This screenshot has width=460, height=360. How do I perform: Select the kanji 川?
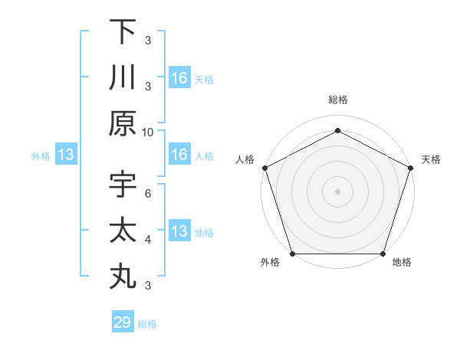click(x=123, y=77)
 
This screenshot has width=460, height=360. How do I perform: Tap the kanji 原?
click(x=123, y=123)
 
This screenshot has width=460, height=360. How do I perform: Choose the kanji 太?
click(x=123, y=231)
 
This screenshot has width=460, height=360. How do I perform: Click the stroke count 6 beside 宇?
click(x=148, y=193)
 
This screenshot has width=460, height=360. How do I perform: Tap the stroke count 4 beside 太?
click(x=148, y=239)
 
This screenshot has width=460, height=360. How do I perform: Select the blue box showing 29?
click(x=123, y=322)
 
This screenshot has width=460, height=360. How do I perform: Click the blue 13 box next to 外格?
click(x=66, y=155)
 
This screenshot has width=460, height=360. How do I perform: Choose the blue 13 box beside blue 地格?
click(x=179, y=232)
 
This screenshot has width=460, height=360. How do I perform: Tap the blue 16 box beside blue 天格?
click(x=179, y=78)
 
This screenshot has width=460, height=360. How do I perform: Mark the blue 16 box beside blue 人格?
click(x=179, y=155)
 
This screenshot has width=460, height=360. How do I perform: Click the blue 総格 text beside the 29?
click(x=147, y=324)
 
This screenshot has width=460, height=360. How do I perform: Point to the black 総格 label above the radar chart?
click(x=337, y=100)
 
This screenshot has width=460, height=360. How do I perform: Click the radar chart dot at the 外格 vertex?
click(x=292, y=254)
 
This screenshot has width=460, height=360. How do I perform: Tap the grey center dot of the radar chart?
click(x=337, y=191)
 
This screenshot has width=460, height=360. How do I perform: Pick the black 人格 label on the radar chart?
click(x=246, y=159)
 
